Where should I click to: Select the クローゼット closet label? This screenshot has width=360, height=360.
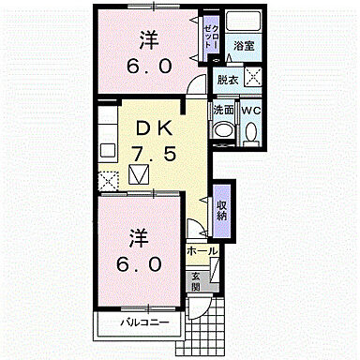pos(210,40)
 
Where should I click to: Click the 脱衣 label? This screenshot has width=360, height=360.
pos(227,81)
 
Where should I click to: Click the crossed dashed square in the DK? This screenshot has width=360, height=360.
pos(106,180)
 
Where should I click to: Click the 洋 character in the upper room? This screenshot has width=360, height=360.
pos(148,39)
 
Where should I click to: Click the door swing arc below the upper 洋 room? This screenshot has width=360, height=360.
pos(195,86)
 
